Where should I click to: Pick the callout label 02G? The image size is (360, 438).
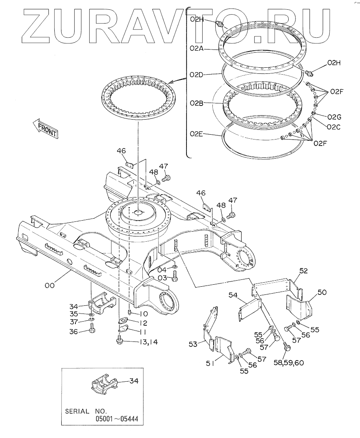334,117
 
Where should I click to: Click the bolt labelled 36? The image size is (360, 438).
92,330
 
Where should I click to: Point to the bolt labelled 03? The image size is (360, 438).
175,277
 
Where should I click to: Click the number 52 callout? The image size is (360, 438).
304,271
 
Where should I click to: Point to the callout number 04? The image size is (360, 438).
162,269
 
